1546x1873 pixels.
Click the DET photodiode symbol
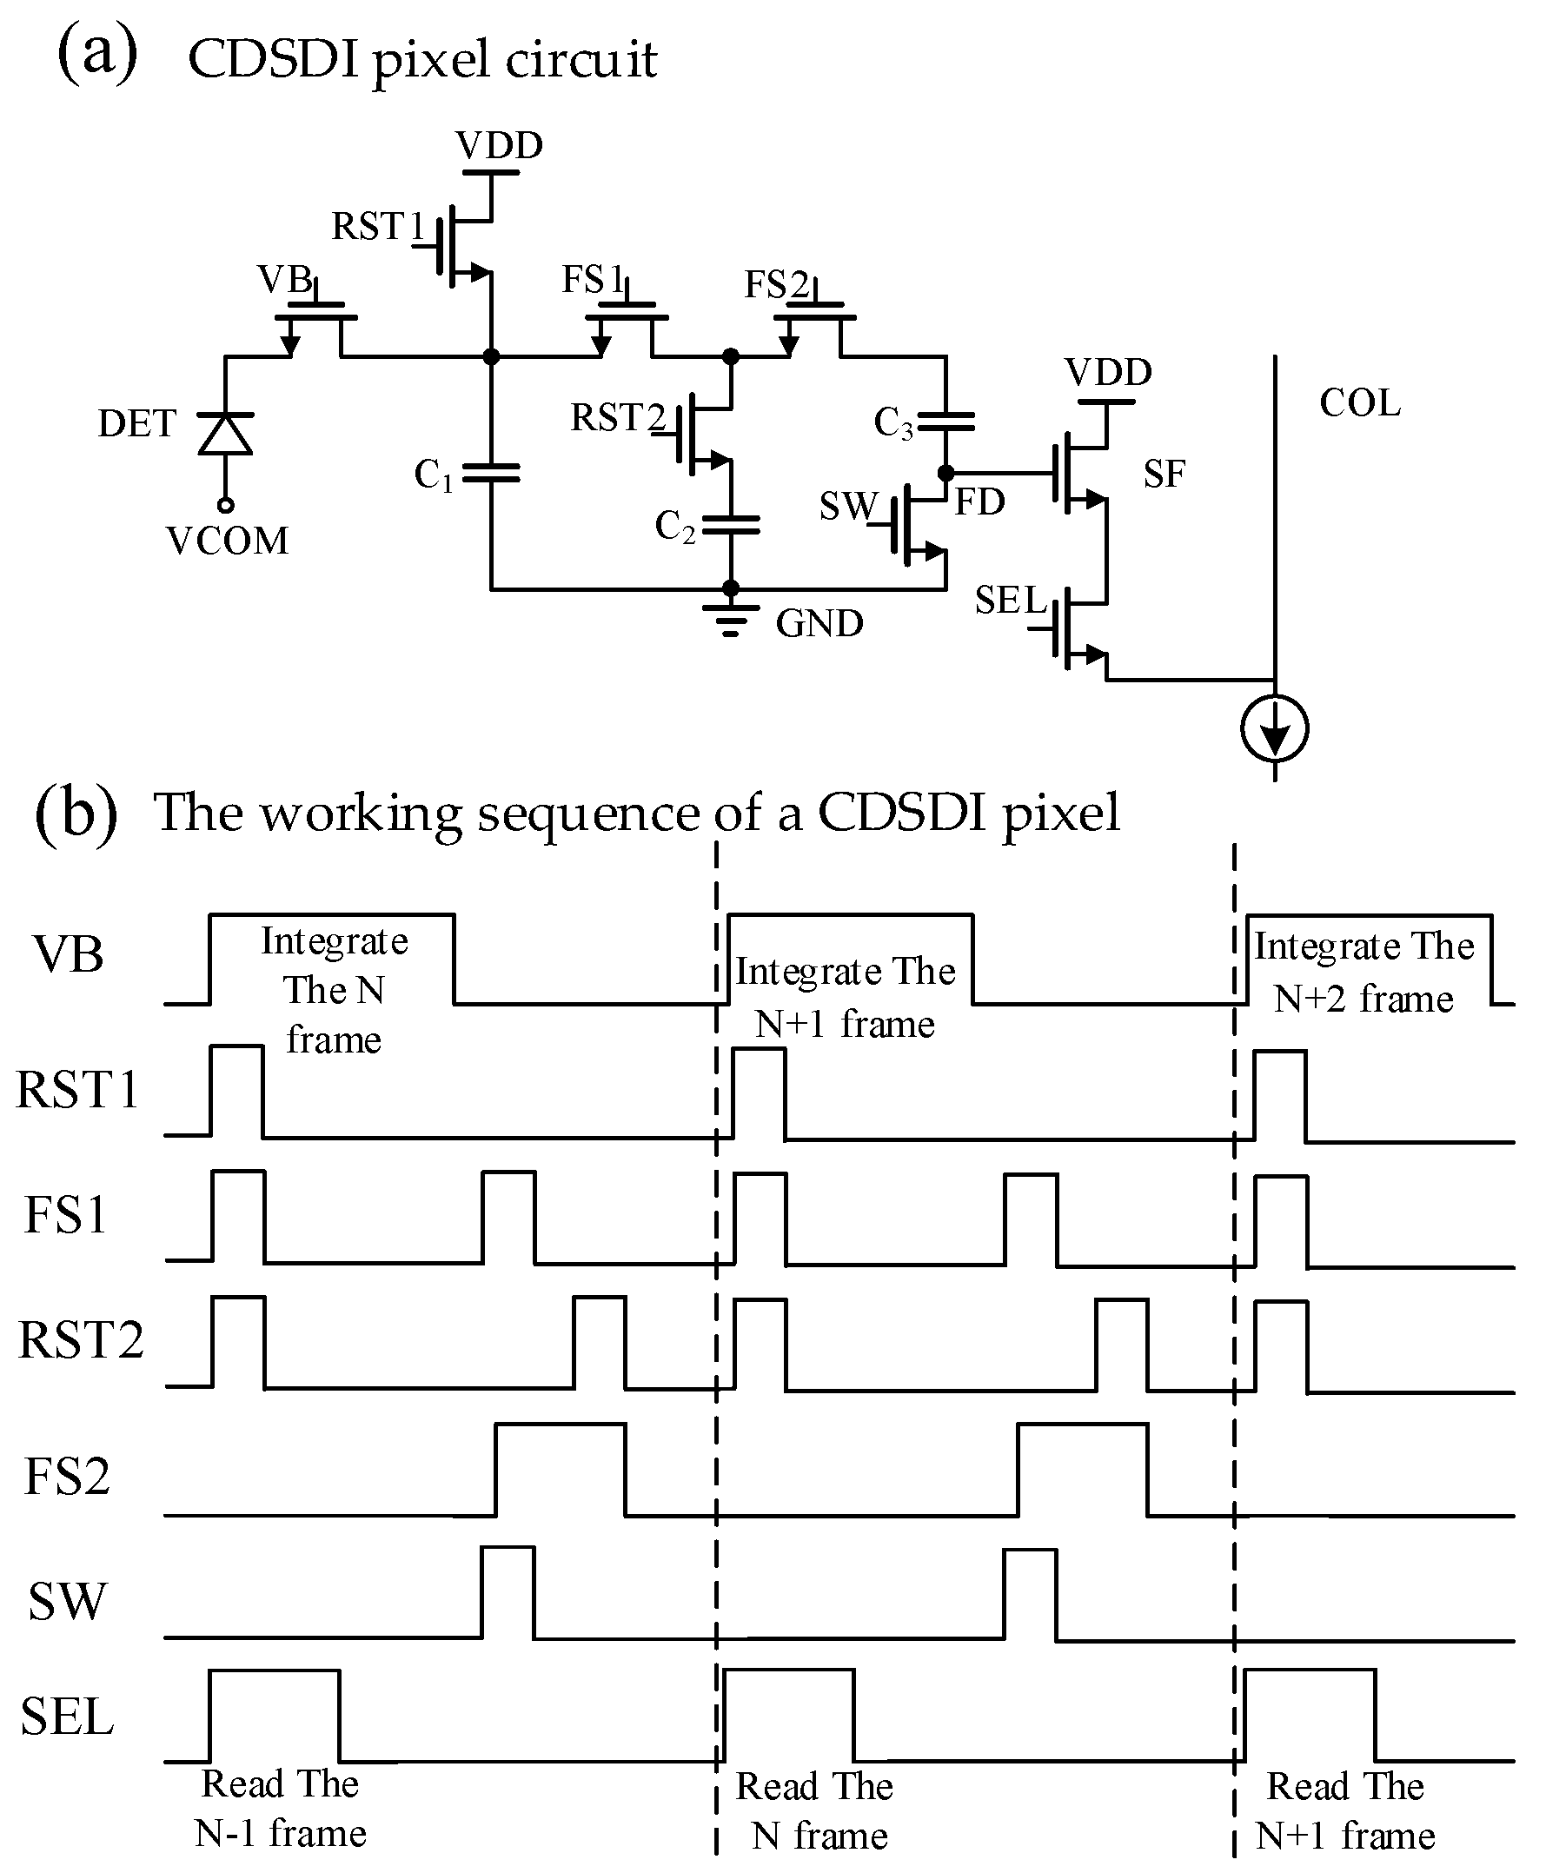tap(225, 434)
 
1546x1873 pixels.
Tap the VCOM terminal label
tap(228, 541)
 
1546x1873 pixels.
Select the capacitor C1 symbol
tap(491, 473)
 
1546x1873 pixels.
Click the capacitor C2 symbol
tap(731, 526)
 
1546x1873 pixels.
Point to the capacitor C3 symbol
tap(946, 422)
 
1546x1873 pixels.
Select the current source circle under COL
tap(1274, 727)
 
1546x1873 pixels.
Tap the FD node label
tap(979, 502)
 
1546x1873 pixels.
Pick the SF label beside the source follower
tap(1164, 474)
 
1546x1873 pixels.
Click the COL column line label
tap(1359, 403)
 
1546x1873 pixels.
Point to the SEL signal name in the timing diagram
tap(68, 1717)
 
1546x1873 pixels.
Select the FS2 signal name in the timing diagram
tap(67, 1476)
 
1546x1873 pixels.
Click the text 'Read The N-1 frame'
tap(281, 1808)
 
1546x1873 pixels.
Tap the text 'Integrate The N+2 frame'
tap(1364, 973)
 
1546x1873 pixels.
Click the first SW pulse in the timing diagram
tap(508, 1591)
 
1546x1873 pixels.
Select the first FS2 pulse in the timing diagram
tap(561, 1469)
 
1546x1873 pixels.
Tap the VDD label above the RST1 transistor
tap(499, 145)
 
